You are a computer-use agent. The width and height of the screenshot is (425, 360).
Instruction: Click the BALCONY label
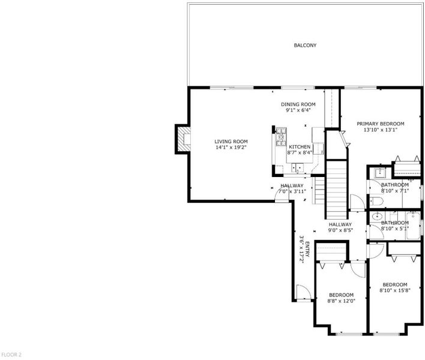pos(305,45)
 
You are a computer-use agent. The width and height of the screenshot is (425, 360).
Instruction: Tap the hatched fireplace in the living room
pos(184,139)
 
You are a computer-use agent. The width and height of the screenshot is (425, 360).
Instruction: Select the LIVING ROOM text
pos(231,142)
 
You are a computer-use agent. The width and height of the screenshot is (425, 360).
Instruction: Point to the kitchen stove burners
pos(281,137)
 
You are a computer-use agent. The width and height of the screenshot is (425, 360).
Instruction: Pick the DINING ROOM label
pos(298,104)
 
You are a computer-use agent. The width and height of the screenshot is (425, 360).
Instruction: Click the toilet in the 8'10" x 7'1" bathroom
pos(376,201)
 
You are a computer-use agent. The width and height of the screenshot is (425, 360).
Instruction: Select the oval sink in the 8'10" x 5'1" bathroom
pos(376,217)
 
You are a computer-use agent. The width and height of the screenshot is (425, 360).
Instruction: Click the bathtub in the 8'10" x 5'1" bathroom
pos(413,226)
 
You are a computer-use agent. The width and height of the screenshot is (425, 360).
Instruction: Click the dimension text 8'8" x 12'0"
pos(341,301)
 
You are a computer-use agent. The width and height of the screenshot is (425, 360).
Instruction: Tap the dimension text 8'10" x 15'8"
pos(395,290)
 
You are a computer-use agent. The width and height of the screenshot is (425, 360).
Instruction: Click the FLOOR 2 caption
pos(11,355)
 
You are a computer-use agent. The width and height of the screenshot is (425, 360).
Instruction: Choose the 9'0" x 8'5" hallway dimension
pos(340,230)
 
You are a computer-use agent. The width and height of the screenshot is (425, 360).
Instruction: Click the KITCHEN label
pos(299,147)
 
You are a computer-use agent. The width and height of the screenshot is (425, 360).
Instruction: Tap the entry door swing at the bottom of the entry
pos(304,292)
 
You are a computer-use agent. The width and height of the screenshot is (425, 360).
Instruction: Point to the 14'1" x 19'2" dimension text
pos(231,148)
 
